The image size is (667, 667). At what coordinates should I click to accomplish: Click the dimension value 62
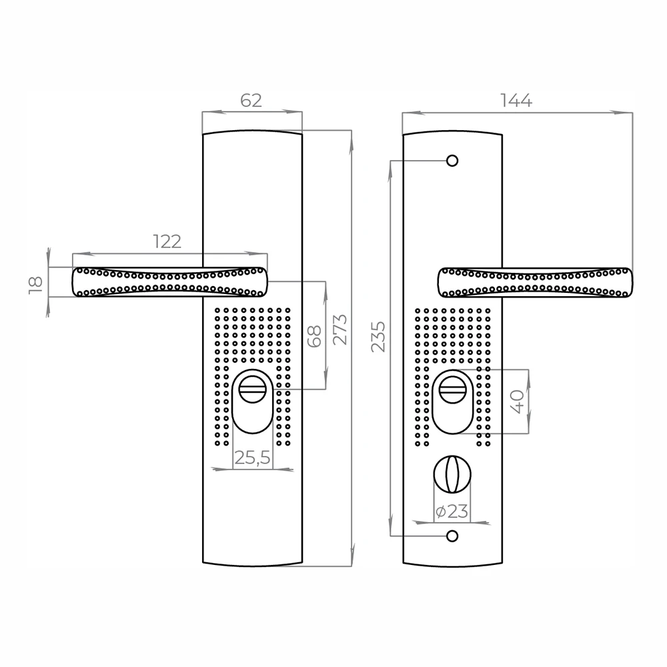coord(251,101)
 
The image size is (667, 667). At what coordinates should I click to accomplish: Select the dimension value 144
coord(516,101)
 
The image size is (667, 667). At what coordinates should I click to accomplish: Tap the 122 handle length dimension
coord(167,241)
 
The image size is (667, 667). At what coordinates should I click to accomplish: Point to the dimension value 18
coord(37,282)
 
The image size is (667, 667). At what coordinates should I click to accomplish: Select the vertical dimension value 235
coord(378,336)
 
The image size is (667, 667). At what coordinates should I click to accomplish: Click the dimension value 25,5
coord(253,458)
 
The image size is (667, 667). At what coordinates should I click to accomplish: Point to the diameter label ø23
coord(452,512)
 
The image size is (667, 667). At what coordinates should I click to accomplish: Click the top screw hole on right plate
coord(452,161)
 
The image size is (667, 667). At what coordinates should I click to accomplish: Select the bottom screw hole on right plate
coord(452,536)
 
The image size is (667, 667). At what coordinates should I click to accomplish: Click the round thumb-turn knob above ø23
coord(452,473)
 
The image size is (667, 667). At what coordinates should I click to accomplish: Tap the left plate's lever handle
coord(169,281)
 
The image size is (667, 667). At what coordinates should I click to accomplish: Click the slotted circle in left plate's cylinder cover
coord(253,388)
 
